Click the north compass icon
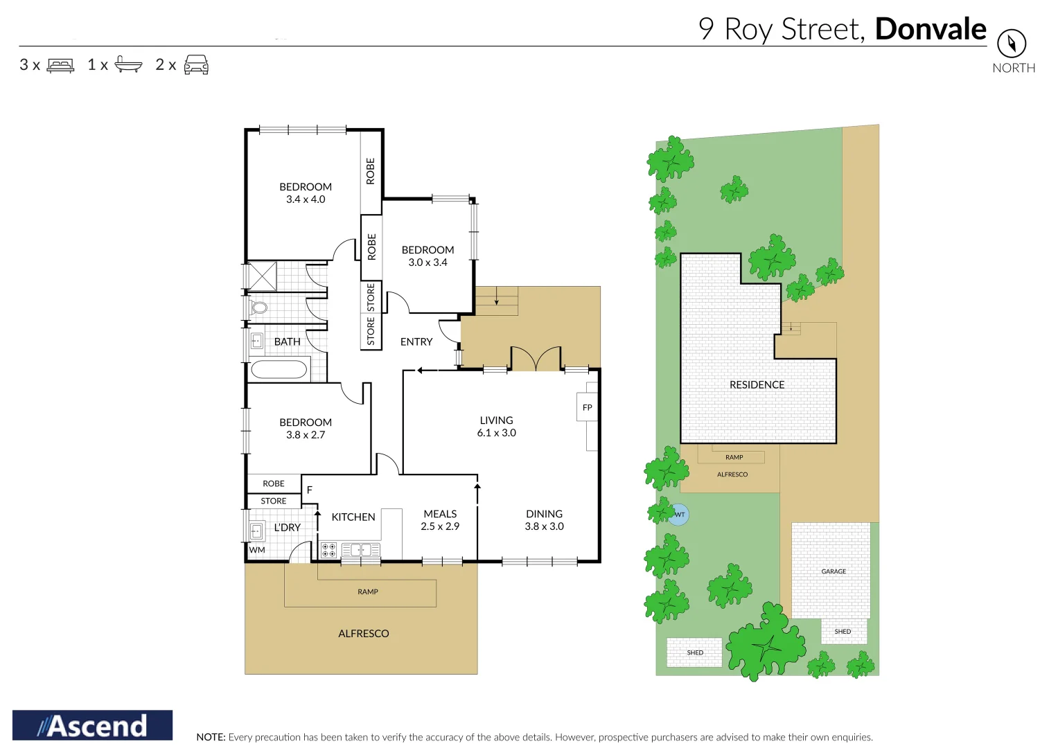click(1011, 44)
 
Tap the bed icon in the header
click(60, 65)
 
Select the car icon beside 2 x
click(196, 64)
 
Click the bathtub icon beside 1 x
click(128, 64)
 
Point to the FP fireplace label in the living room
click(587, 407)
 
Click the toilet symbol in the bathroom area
click(258, 308)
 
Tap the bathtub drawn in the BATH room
click(279, 369)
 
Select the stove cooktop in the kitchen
click(328, 551)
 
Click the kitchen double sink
click(360, 551)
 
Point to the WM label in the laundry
click(257, 550)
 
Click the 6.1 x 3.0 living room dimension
click(496, 433)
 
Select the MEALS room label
click(440, 514)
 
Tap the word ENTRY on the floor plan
click(416, 341)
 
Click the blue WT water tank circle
click(679, 515)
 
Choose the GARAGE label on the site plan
click(834, 571)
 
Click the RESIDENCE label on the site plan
click(757, 385)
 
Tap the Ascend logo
click(92, 725)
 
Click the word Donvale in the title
click(930, 29)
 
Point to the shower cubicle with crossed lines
click(262, 276)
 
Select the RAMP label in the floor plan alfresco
click(368, 592)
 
